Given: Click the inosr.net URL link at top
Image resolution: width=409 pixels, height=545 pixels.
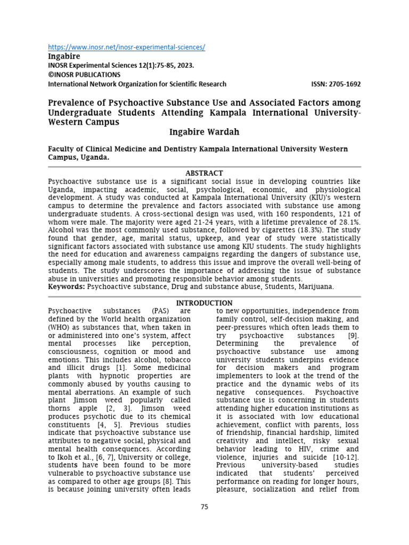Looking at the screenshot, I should coord(126,47).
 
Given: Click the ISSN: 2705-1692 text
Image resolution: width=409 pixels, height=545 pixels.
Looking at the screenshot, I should coord(336,84).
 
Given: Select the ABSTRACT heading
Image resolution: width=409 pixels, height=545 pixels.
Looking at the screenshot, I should coord(204,173).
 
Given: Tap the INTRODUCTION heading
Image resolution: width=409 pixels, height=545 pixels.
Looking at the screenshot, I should coord(204,303).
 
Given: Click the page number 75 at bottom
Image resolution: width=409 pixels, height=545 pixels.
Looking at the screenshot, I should coord(204,507).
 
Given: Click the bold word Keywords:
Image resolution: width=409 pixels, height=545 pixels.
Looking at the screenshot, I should coord(67,286).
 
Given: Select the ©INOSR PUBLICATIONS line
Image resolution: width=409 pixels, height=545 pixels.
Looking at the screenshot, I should coord(84,75).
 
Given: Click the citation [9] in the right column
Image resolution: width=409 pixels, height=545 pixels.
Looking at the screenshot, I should coord(353,336).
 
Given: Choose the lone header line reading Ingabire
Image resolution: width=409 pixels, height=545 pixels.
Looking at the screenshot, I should coord(64,56).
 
